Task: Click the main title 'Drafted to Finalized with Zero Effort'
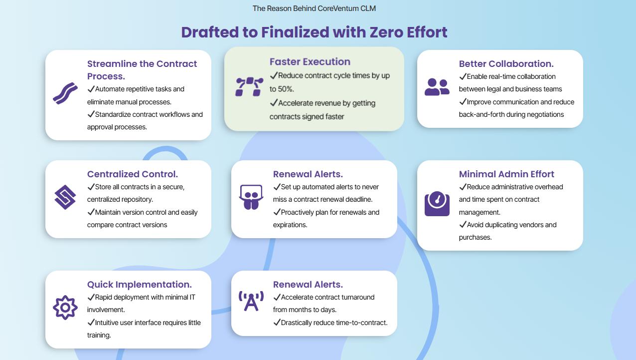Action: point(314,32)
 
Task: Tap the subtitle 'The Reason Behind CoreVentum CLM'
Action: point(314,8)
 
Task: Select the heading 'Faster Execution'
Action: point(310,62)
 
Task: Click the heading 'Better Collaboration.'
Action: point(506,64)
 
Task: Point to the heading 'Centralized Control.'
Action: point(132,174)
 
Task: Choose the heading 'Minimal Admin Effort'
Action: point(506,174)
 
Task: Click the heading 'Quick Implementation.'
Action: point(139,285)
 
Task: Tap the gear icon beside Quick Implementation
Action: point(65,308)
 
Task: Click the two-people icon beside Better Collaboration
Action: point(437,87)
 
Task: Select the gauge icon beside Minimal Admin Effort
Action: point(437,204)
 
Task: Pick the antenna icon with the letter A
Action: point(251,301)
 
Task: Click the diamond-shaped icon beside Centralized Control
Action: point(65,197)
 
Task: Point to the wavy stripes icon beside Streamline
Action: point(65,93)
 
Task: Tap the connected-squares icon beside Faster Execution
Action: point(249,87)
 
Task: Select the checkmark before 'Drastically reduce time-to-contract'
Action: point(277,322)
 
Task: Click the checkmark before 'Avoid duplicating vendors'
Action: point(463,224)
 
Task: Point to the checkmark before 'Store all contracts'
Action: point(91,187)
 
